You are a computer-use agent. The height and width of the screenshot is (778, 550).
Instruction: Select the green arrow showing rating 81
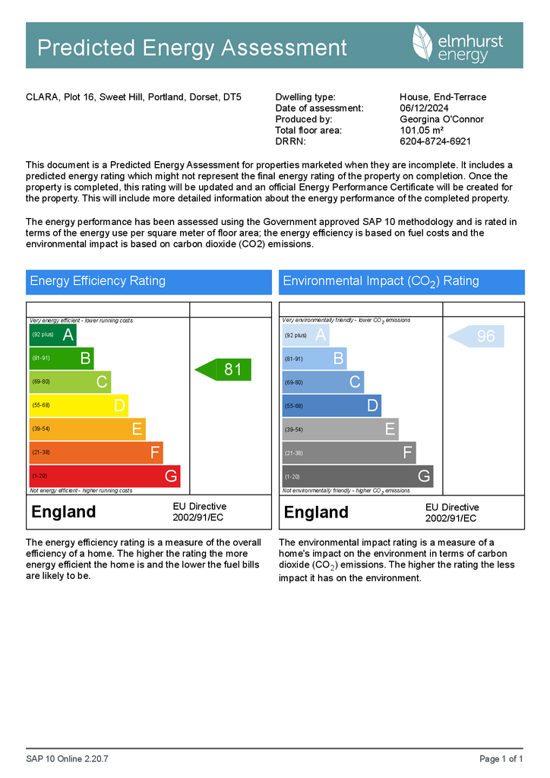pyautogui.click(x=223, y=370)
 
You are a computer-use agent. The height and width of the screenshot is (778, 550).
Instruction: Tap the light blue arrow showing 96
pyautogui.click(x=476, y=336)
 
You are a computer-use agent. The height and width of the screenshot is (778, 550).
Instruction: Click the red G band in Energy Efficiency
pyautogui.click(x=104, y=476)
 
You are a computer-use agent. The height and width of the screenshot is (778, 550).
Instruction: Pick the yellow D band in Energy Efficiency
pyautogui.click(x=78, y=406)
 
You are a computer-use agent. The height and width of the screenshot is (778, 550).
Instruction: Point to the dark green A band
pyautogui.click(x=52, y=335)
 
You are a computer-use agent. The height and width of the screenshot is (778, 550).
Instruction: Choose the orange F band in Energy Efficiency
pyautogui.click(x=96, y=453)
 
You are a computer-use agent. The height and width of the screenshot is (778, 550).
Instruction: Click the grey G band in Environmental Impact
pyautogui.click(x=357, y=476)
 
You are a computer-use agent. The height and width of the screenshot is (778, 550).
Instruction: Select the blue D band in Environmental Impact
pyautogui.click(x=331, y=406)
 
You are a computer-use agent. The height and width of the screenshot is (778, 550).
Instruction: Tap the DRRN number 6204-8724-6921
pyautogui.click(x=435, y=141)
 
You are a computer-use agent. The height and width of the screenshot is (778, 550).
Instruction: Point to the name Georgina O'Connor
pyautogui.click(x=441, y=119)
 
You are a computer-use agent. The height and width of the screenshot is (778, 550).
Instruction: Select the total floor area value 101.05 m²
pyautogui.click(x=422, y=131)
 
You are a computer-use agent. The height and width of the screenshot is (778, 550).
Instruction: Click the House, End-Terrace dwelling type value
pyautogui.click(x=443, y=97)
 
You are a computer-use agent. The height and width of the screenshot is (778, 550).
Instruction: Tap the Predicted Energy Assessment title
pyautogui.click(x=192, y=48)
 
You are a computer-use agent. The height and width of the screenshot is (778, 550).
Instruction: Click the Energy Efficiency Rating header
pyautogui.click(x=97, y=281)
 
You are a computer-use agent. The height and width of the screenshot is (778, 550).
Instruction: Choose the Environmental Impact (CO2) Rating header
pyautogui.click(x=381, y=281)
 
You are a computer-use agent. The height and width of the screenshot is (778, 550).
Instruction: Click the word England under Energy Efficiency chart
pyautogui.click(x=64, y=512)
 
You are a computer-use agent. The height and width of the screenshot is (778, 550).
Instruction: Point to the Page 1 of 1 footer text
pyautogui.click(x=501, y=759)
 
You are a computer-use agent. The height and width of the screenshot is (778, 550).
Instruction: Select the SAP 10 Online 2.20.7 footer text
pyautogui.click(x=67, y=759)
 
